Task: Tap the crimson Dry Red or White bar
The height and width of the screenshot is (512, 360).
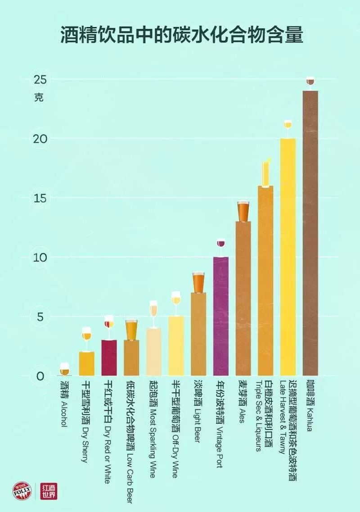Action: coord(109,358)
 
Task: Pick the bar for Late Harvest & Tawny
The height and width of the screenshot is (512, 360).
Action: coord(288,257)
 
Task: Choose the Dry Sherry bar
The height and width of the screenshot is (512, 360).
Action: coord(87,364)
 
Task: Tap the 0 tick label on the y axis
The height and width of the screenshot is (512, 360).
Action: coord(40,376)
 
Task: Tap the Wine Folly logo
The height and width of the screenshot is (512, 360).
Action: coord(22,491)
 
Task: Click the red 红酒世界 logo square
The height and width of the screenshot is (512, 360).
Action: coord(49,491)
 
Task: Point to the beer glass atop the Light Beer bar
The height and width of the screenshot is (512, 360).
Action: coord(198,282)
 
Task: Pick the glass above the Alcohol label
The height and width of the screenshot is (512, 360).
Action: coord(65,369)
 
